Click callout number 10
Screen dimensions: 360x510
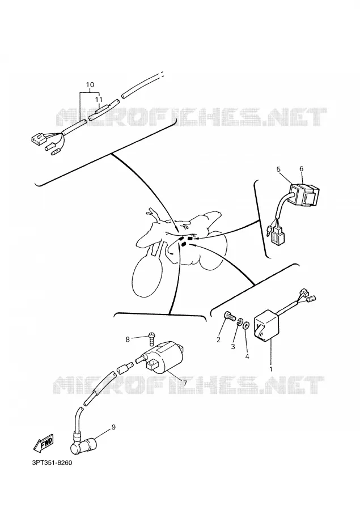[x=90, y=85]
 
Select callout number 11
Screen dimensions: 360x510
[x=99, y=99]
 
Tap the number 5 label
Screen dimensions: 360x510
[x=278, y=169]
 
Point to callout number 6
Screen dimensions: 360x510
[x=302, y=169]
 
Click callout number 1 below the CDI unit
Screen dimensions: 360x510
[x=270, y=369]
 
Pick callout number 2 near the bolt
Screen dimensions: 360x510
[x=218, y=340]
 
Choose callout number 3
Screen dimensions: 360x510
[x=233, y=347]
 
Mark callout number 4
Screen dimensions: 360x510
[x=247, y=356]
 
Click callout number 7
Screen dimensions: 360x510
[x=185, y=383]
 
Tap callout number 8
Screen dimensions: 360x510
[x=128, y=339]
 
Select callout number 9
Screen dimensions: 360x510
[x=113, y=427]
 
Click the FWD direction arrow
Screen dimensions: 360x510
[x=44, y=443]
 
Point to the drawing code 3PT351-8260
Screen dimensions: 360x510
[x=52, y=463]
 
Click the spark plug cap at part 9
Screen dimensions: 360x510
[x=84, y=445]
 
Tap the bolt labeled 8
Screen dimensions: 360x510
[x=152, y=339]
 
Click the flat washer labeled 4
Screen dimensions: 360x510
[x=247, y=325]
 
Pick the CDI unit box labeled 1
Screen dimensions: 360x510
[x=266, y=325]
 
